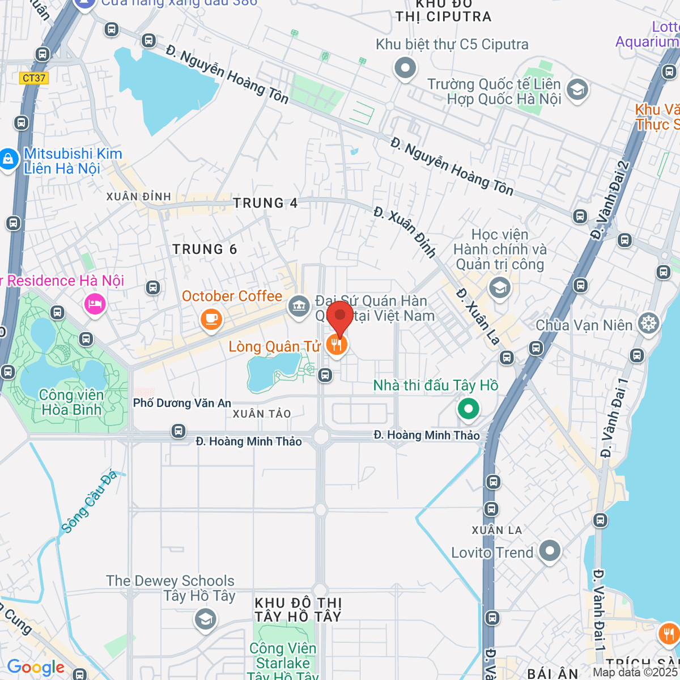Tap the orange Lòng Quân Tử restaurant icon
point(337,345)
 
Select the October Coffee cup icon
point(211,320)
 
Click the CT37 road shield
point(34,78)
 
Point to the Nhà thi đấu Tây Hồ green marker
point(468,409)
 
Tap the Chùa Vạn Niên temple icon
point(648,324)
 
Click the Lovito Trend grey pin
point(550,551)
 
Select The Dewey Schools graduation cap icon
point(205,619)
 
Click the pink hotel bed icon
point(95,304)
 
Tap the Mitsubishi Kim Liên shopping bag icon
point(8,159)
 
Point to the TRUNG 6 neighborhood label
point(205,249)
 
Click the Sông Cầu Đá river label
point(89,502)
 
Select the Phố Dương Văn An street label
point(182,403)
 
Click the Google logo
point(36,668)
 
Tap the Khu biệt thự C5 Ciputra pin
point(405,69)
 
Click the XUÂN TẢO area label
point(262,414)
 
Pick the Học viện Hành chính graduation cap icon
point(499,288)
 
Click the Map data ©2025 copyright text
point(635,673)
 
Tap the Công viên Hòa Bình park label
point(71,402)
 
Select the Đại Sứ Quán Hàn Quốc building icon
point(299,307)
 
